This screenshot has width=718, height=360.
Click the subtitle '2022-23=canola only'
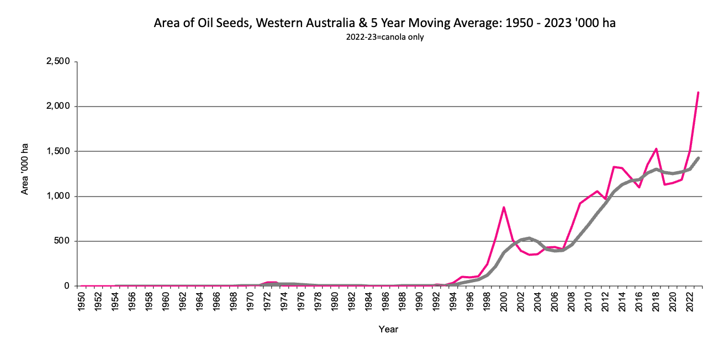[x=385, y=38]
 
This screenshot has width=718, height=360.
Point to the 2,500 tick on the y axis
[x=57, y=61]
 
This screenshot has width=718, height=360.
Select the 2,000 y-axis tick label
[x=57, y=107]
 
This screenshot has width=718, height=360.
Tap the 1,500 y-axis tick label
[x=57, y=151]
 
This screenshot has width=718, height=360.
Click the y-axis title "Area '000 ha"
[x=25, y=169]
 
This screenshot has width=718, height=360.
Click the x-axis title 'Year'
[x=388, y=329]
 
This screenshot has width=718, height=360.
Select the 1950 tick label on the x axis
[x=81, y=301]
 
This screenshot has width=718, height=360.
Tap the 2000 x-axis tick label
[x=504, y=301]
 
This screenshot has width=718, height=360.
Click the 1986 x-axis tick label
[x=386, y=301]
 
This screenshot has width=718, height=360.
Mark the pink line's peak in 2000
[x=504, y=207]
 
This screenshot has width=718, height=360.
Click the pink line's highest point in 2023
[x=698, y=92]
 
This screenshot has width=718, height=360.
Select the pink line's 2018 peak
[x=656, y=149]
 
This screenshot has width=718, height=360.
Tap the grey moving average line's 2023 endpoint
[x=698, y=158]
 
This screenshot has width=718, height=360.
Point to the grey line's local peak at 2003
[x=529, y=238]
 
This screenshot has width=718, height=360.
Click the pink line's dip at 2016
[x=639, y=187]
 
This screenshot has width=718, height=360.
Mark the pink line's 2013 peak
[x=614, y=167]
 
